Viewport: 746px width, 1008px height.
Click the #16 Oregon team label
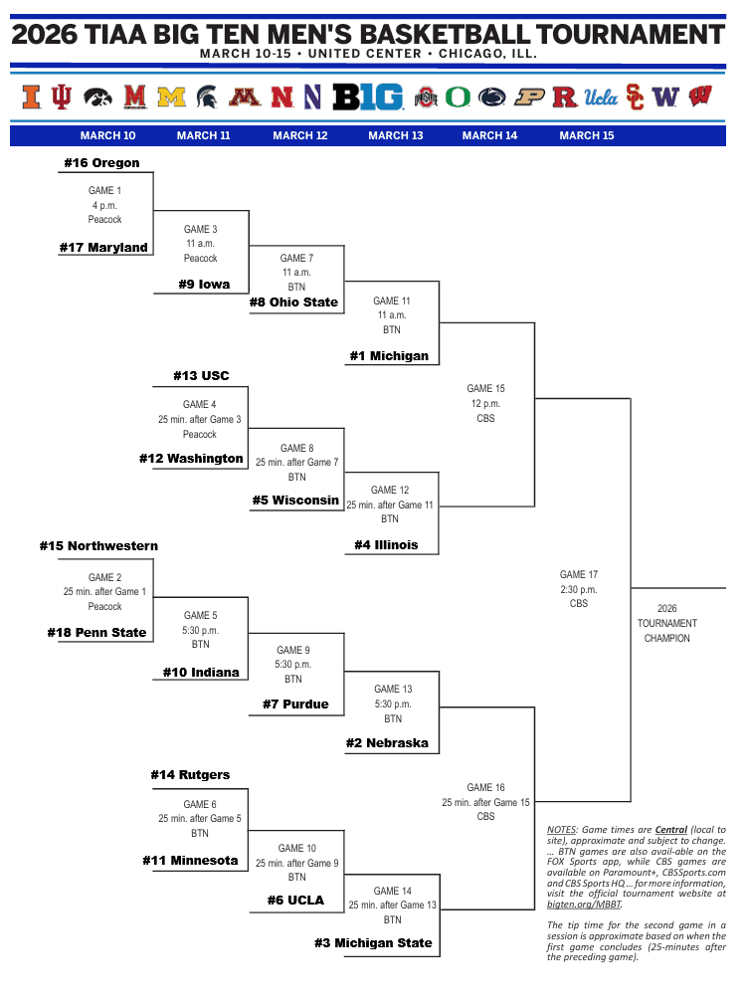tap(101, 163)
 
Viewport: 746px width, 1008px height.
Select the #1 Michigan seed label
tap(389, 356)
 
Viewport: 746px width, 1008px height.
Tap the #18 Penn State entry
tap(96, 633)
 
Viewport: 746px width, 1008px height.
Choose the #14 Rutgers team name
tap(190, 775)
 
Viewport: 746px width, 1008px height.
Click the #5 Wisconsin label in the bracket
tap(294, 501)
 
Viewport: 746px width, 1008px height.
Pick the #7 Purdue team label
tap(295, 705)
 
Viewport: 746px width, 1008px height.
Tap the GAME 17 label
tap(578, 574)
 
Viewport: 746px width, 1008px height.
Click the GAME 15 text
tap(485, 389)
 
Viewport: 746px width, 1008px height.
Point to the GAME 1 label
tap(104, 190)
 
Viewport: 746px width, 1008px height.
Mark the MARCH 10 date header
tap(108, 135)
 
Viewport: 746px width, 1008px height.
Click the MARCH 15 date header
tap(587, 135)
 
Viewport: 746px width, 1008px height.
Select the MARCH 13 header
tap(395, 135)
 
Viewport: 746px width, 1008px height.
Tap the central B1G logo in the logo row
tap(368, 97)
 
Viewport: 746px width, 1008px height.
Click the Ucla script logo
tap(601, 97)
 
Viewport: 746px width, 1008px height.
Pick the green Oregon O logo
tap(458, 97)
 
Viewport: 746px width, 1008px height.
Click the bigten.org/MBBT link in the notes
tap(584, 905)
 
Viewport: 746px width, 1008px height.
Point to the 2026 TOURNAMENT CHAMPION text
tap(666, 624)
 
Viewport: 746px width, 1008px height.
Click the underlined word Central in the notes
tap(671, 829)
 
